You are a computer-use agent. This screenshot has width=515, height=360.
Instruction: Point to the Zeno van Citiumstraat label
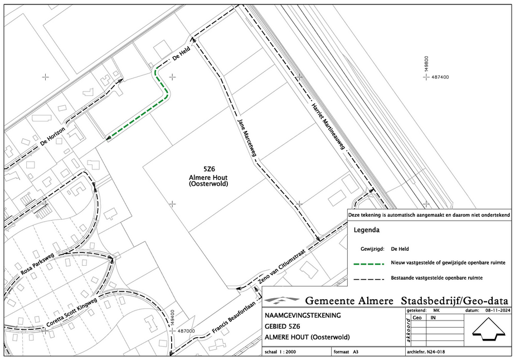282,266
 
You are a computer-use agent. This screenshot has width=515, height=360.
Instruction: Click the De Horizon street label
52,137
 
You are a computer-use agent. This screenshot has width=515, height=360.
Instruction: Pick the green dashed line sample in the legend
368,264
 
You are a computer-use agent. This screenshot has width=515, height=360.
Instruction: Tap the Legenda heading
367,230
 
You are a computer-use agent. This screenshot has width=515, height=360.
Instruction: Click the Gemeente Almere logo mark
282,300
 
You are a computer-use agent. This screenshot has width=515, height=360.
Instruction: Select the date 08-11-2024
499,310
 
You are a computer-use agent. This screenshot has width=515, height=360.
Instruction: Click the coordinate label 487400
440,77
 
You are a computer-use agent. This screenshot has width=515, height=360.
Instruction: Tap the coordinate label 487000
186,331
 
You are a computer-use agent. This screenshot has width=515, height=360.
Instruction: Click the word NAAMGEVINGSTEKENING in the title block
303,315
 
